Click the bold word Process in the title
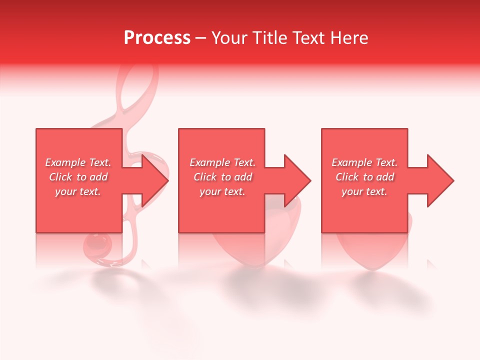coord(157,38)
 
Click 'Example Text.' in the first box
coord(78,162)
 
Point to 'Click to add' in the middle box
coord(222,177)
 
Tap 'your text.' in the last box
coord(364,191)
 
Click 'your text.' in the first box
coord(78,191)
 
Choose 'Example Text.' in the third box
coord(364,162)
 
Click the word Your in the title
coord(230,38)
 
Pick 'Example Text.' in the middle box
coord(222,162)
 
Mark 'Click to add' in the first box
coord(78,177)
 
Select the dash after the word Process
coord(201,38)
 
